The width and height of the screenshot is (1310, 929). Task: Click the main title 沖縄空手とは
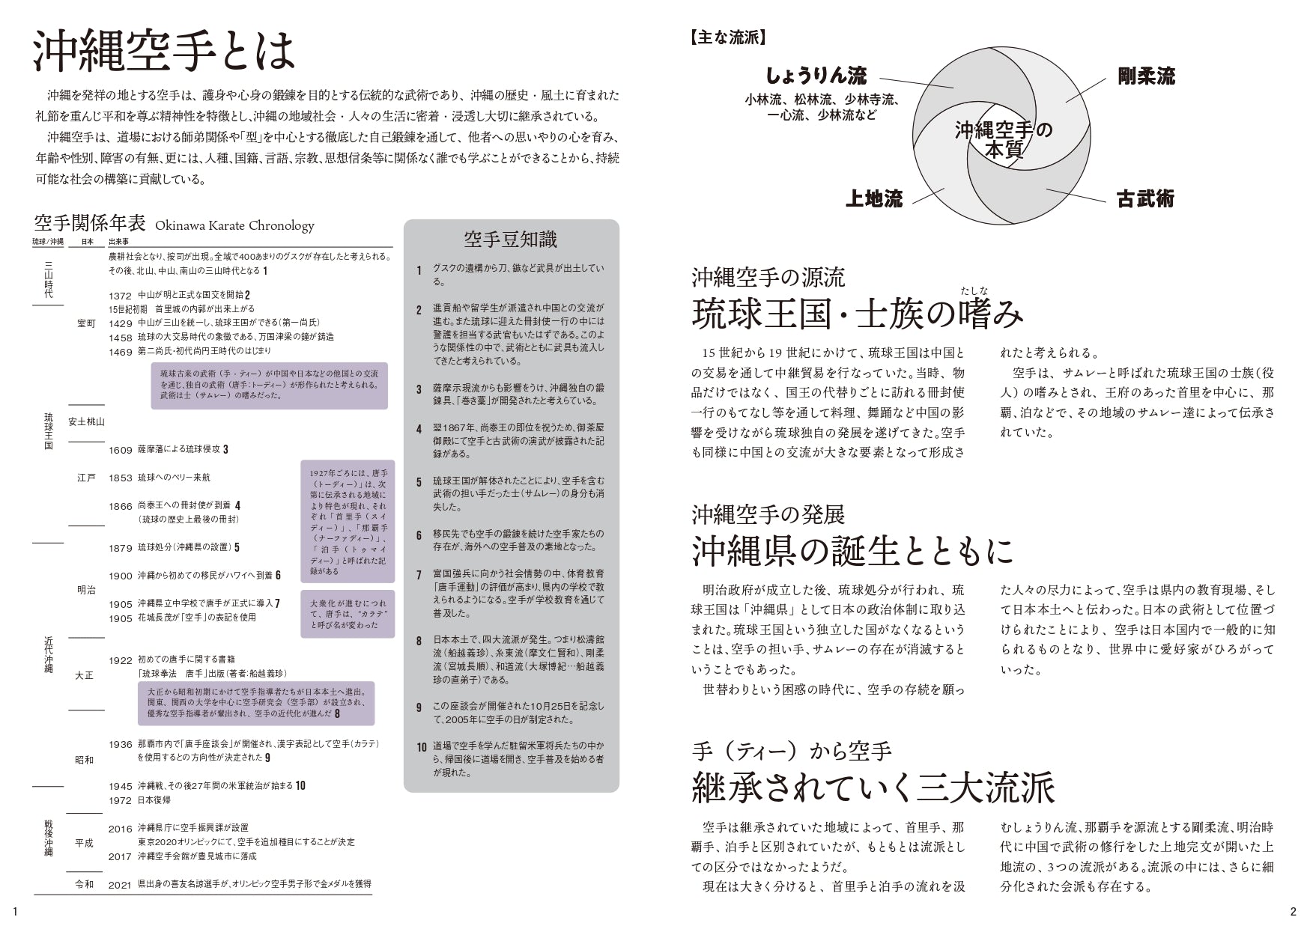[165, 50]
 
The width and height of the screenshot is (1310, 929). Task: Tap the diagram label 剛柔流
[1146, 76]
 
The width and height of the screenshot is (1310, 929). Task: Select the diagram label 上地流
[874, 198]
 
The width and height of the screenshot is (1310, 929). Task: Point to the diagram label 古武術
[1145, 199]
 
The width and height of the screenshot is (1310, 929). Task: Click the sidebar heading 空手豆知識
[510, 240]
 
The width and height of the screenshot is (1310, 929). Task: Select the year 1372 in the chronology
[120, 296]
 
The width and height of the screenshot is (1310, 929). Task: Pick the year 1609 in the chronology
[120, 450]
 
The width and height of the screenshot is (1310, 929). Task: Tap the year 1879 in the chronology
[120, 548]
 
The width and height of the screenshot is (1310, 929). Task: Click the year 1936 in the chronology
[120, 745]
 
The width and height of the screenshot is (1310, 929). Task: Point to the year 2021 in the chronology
[120, 885]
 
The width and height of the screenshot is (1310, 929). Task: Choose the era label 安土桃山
[86, 421]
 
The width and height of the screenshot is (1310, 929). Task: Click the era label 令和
[85, 885]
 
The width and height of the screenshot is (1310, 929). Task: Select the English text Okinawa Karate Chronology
[234, 225]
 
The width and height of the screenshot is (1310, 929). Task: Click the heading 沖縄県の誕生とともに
[852, 551]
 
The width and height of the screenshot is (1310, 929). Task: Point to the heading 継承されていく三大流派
[873, 787]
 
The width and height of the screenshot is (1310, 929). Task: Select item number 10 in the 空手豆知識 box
[422, 747]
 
